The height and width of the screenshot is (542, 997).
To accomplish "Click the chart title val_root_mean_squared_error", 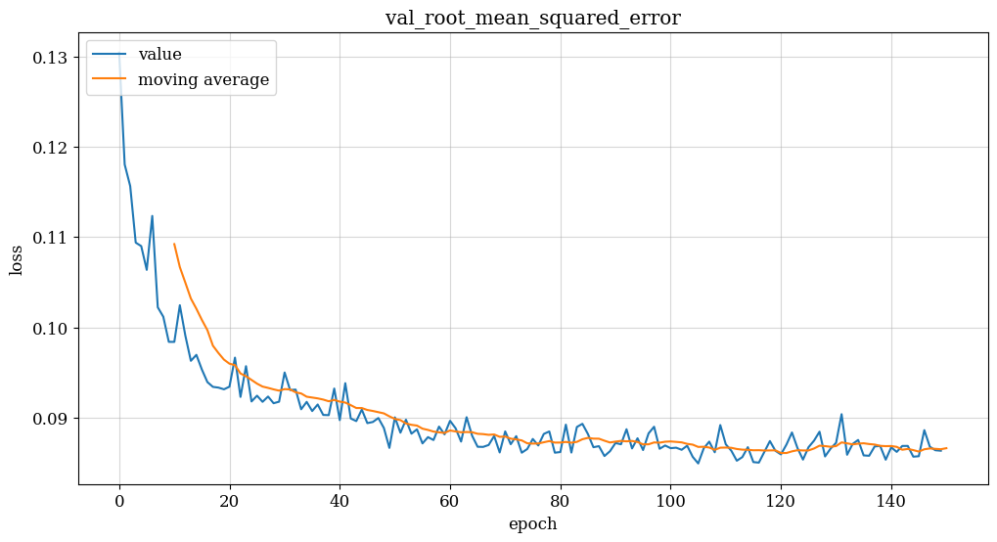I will click(532, 18).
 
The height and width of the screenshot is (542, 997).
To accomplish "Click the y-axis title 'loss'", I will click(17, 260).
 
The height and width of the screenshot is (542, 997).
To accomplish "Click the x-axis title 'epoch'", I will click(532, 524).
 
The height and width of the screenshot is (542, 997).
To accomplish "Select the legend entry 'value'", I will click(159, 55).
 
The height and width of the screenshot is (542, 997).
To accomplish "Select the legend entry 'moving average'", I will click(203, 80).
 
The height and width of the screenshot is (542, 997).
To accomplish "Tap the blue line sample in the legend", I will click(111, 56).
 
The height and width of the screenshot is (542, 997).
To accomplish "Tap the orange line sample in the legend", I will click(111, 80).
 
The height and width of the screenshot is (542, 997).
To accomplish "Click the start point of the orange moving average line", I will click(174, 244).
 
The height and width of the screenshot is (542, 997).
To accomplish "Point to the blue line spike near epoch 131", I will click(841, 414).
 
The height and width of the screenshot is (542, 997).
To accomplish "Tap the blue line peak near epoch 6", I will click(152, 216).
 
